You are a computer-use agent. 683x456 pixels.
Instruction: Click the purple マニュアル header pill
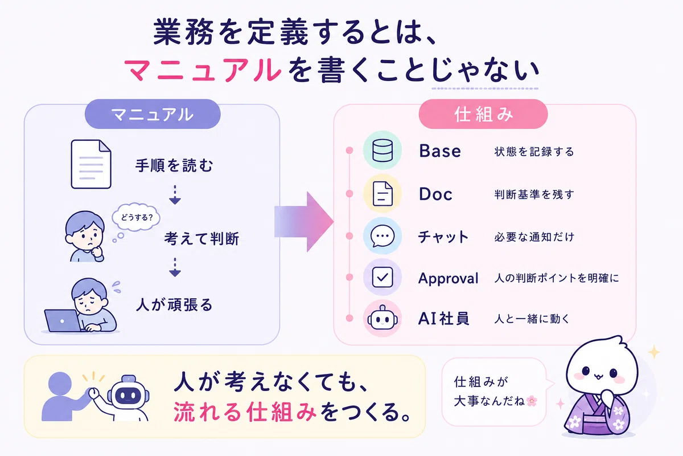[153, 114]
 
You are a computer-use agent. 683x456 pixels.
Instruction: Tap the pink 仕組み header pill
[483, 114]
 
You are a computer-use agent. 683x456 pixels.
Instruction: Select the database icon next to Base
[382, 150]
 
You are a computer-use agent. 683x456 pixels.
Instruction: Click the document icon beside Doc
[382, 194]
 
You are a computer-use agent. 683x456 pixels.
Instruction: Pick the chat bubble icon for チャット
[382, 236]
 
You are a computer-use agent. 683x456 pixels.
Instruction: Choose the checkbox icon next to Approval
[382, 277]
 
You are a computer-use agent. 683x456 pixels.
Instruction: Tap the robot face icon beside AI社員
[382, 318]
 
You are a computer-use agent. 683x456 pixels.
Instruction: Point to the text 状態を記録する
[534, 152]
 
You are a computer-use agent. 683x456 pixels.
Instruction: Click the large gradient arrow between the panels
[304, 222]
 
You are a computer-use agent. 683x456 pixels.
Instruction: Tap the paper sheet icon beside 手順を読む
[91, 164]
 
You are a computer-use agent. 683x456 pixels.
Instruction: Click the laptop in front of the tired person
[63, 321]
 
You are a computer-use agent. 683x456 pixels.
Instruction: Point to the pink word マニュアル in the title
[203, 71]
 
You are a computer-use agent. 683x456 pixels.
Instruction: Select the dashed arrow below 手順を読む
[175, 194]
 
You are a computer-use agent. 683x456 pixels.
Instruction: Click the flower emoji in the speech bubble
[532, 401]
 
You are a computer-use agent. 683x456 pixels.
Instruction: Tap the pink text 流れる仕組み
[245, 412]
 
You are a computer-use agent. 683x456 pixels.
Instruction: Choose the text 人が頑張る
[174, 305]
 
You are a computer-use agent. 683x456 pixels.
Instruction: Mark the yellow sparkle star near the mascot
[654, 352]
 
